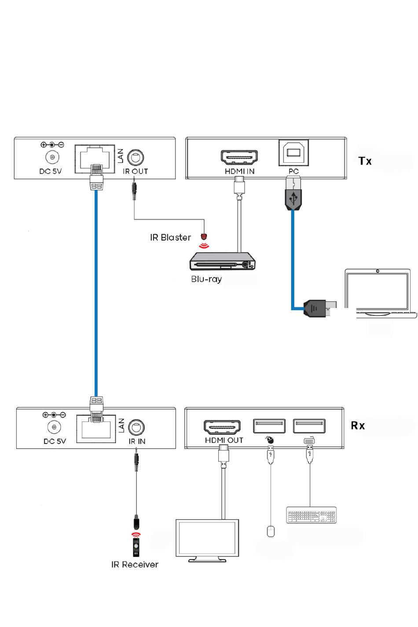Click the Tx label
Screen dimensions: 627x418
click(365, 161)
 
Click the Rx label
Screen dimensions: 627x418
click(358, 425)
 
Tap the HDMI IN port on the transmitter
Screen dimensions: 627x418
click(239, 157)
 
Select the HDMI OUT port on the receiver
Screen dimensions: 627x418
click(222, 427)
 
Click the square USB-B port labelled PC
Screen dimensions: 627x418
click(293, 153)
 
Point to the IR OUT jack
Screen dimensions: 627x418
click(136, 158)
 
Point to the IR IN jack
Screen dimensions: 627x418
click(136, 427)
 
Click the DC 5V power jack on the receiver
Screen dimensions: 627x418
click(54, 427)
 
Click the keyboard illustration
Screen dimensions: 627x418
click(311, 515)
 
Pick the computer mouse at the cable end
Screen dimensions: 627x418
click(271, 531)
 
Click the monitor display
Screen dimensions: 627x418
click(207, 539)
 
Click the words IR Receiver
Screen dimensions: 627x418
click(135, 565)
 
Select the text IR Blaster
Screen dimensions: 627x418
click(170, 238)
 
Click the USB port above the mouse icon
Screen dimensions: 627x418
click(269, 426)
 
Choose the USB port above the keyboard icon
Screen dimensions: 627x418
click(309, 426)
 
